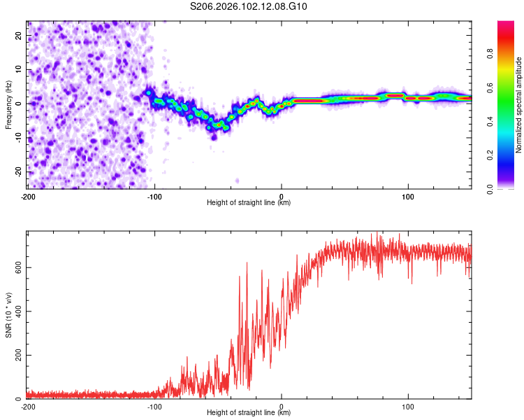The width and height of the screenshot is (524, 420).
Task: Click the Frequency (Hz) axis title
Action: [8, 105]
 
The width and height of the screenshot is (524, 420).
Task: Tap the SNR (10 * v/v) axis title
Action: [8, 315]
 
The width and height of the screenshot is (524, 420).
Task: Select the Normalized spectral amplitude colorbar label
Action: [519, 105]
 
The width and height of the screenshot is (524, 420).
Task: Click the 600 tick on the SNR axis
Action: [17, 267]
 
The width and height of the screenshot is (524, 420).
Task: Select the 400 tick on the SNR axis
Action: [17, 311]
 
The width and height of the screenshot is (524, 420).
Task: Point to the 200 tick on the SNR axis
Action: [17, 355]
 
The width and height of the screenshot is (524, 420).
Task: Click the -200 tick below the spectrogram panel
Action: [28, 195]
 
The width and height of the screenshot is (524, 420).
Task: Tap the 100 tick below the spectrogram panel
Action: [408, 195]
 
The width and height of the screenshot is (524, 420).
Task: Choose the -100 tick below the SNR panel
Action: [154, 406]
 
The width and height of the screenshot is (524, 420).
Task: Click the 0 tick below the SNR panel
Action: [282, 406]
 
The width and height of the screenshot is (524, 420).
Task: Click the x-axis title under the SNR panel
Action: [249, 413]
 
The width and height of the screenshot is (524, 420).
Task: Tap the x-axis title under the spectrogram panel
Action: [249, 203]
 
